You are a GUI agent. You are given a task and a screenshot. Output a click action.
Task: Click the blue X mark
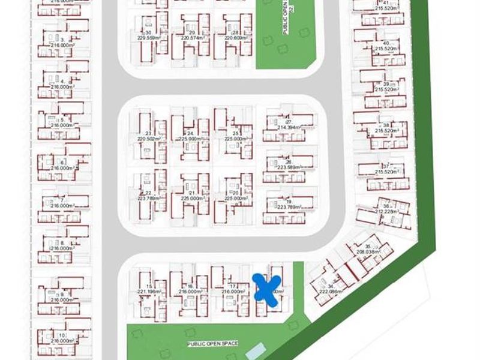click(x=266, y=290)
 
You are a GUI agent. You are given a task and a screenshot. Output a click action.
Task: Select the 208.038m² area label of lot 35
click(x=368, y=253)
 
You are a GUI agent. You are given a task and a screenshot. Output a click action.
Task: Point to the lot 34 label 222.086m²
click(x=330, y=291)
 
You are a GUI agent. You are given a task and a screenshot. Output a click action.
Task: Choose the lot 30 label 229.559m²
click(x=147, y=38)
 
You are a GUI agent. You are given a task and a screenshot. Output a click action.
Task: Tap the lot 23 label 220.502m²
click(x=147, y=139)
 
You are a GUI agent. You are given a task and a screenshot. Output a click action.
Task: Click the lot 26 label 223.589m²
click(x=288, y=168)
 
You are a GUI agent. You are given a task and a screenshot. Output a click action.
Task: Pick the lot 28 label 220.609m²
click(x=236, y=38)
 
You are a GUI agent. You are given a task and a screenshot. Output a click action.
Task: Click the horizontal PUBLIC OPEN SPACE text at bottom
click(x=212, y=343)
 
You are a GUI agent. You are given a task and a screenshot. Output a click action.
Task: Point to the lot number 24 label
click(x=190, y=133)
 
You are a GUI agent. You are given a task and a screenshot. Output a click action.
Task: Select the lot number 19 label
click(x=289, y=202)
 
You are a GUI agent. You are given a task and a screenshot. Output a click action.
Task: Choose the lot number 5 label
click(x=62, y=120)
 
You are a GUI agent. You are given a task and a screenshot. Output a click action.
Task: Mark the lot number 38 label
click(x=386, y=125)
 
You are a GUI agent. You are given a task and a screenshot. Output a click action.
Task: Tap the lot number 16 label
click(x=190, y=286)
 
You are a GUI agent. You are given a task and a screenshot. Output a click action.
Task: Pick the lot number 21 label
click(x=190, y=193)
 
